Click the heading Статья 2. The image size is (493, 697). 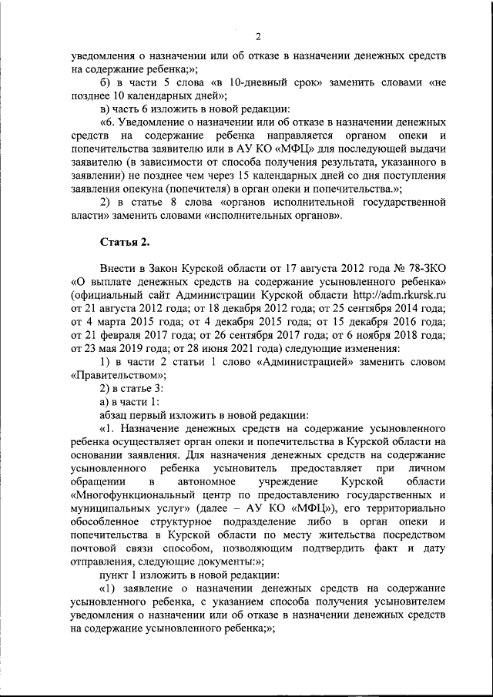point(124,243)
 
